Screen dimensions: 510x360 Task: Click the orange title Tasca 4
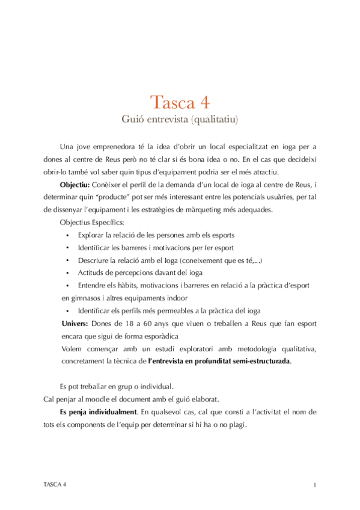pos(180,100)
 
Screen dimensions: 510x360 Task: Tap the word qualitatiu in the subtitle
pos(213,119)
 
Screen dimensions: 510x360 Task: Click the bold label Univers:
pos(76,324)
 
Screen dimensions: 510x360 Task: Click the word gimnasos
pos(86,298)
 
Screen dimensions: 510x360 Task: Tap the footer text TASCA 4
pos(55,484)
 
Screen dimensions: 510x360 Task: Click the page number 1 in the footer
pos(314,484)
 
